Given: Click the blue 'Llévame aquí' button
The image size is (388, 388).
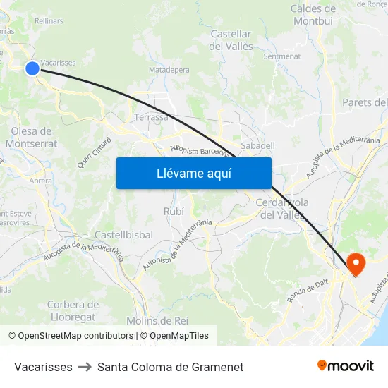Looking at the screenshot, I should [x=193, y=173].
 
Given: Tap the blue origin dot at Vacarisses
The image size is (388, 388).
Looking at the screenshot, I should [x=32, y=68].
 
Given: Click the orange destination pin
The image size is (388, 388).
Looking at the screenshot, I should [x=356, y=265].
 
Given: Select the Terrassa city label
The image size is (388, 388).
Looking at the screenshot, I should [x=151, y=117].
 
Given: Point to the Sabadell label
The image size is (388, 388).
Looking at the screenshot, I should [x=257, y=145].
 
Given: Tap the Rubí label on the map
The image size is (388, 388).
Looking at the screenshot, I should [x=174, y=211].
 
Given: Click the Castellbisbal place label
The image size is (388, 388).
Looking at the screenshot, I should [x=123, y=234].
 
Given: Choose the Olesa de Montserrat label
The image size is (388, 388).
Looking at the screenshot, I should [x=31, y=137].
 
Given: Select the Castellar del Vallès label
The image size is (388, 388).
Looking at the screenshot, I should [x=231, y=40].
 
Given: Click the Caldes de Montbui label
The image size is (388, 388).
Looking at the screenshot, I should [x=313, y=14].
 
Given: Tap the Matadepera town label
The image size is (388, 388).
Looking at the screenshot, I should [x=168, y=70].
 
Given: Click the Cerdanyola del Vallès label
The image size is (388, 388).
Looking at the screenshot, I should [x=281, y=209].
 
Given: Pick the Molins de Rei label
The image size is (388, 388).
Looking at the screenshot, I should [x=157, y=320].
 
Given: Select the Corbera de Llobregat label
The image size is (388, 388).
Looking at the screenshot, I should [x=71, y=310].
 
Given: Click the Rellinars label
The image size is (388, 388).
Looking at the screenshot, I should [x=49, y=20].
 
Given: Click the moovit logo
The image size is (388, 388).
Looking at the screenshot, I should [x=346, y=365].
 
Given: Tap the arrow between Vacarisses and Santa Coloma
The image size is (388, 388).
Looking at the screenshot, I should [x=85, y=367].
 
